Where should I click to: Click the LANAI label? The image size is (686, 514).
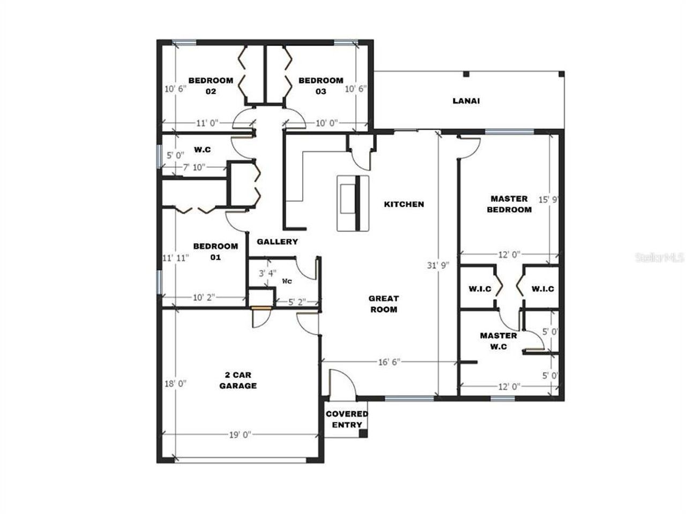[x=466, y=101]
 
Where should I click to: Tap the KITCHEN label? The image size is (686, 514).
[x=404, y=204]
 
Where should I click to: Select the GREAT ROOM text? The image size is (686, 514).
[x=383, y=304]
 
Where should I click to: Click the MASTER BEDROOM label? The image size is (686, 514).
[x=509, y=204]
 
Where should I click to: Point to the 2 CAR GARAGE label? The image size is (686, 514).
[x=237, y=380]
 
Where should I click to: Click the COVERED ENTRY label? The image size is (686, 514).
[x=347, y=419]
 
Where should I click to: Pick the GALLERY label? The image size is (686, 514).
[x=277, y=241]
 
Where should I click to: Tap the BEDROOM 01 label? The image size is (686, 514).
[x=215, y=252]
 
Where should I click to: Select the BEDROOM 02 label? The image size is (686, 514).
[x=211, y=86]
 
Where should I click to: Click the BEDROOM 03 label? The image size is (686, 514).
[x=320, y=86]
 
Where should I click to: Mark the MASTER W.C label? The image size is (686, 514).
[x=498, y=341]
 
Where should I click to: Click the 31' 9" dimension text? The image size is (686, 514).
[x=438, y=264]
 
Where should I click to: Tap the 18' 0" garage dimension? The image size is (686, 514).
[x=175, y=383]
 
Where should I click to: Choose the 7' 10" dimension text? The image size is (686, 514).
[x=194, y=168]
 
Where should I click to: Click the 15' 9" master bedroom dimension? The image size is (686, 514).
[x=549, y=200]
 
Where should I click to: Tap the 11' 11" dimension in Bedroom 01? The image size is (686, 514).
[x=176, y=258]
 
